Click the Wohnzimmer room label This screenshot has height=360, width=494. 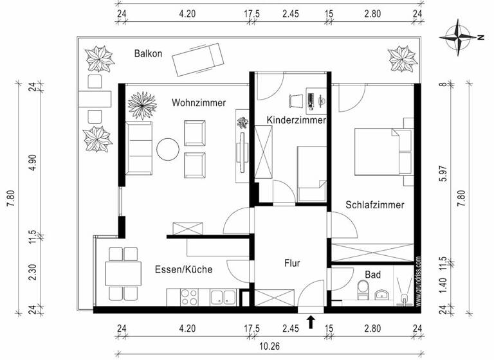tap(198, 102)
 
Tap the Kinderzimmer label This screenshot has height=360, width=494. tap(297, 120)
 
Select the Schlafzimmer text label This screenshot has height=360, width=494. tap(375, 205)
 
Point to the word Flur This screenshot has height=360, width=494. tap(293, 262)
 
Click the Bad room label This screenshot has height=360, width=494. tap(372, 274)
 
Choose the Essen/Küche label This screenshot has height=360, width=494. tap(183, 269)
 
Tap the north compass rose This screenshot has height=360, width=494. tap(460, 37)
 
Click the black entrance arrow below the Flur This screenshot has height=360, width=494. tap(312, 321)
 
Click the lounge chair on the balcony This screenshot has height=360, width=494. tap(197, 57)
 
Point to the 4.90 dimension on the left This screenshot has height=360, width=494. tap(32, 161)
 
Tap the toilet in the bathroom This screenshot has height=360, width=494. tap(361, 292)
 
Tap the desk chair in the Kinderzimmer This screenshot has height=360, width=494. tap(296, 100)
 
